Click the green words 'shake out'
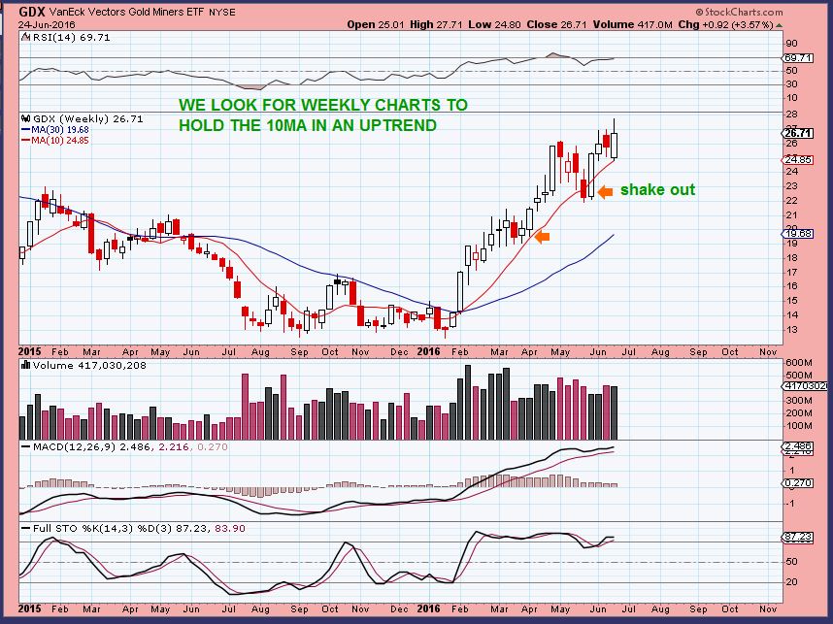[657, 189]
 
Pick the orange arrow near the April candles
[543, 236]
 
